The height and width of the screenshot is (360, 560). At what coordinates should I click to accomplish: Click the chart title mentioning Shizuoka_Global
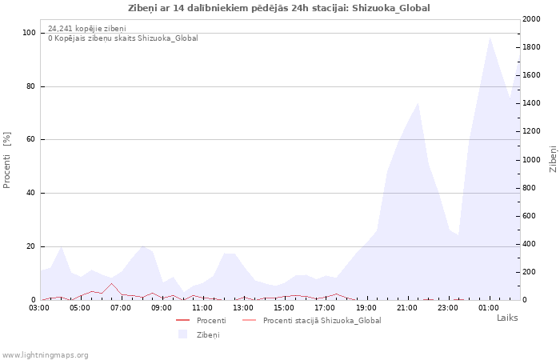[278, 8]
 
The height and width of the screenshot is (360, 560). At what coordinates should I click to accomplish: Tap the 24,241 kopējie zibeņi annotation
[86, 29]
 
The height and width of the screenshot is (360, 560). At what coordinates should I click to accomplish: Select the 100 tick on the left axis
[30, 33]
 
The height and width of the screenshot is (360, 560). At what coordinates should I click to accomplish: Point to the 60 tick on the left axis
[30, 139]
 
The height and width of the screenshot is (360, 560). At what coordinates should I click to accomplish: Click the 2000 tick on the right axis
[531, 19]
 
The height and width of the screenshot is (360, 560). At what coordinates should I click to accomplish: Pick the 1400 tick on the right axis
[531, 103]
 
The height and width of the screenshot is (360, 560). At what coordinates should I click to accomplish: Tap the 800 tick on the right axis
[530, 188]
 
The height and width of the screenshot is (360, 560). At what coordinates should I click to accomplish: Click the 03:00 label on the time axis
[39, 308]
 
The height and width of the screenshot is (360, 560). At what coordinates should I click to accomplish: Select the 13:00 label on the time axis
[243, 308]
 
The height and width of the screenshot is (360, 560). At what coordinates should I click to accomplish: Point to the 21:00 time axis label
[406, 308]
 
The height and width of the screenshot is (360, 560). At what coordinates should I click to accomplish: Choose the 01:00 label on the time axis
[489, 308]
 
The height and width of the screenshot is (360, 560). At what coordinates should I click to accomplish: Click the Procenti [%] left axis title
[6, 160]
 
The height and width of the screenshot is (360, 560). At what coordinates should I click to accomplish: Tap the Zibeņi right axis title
[553, 159]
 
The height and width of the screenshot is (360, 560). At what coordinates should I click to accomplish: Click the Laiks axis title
[507, 318]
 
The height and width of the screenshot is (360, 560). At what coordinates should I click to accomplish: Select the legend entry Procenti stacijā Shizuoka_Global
[312, 320]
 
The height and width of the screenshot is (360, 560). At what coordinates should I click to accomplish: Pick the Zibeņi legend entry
[199, 334]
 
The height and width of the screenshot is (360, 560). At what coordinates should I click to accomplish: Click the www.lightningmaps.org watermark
[45, 355]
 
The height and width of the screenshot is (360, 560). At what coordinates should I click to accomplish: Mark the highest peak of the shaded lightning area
[490, 37]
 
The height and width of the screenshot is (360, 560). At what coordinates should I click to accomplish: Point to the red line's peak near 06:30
[112, 283]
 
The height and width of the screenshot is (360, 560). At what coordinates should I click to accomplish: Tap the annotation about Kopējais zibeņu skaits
[123, 38]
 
